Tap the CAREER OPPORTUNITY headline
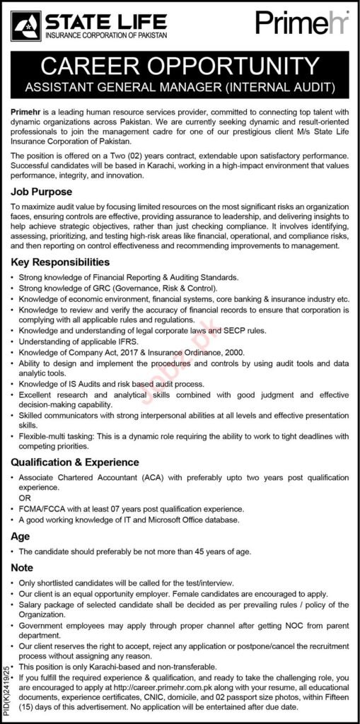point(180,67)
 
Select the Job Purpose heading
point(40,191)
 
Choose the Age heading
point(20,536)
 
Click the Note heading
point(22,568)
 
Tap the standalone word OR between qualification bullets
point(25,498)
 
